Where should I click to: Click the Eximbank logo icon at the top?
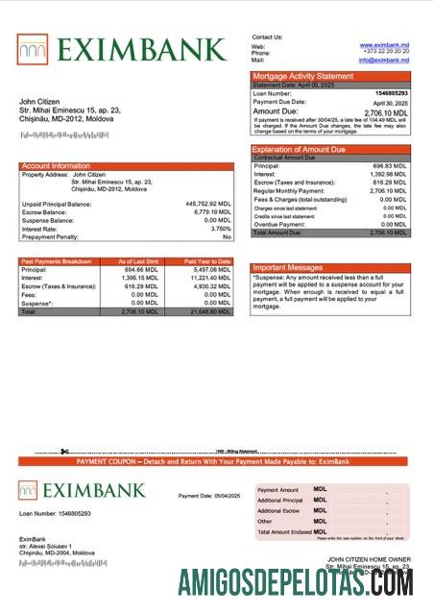coord(32,49)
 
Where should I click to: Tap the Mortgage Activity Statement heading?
coord(302,76)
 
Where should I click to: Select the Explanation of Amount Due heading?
coord(305,149)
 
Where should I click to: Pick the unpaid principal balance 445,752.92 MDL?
coord(207,204)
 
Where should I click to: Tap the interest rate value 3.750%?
coord(218,229)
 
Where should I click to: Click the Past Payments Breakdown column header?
coord(57,261)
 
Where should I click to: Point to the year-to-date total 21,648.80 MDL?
coord(210,312)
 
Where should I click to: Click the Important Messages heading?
coord(287,268)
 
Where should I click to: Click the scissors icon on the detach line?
coord(64,453)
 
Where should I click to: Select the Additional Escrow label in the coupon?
coord(279,510)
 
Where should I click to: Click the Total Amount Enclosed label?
coord(283,531)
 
